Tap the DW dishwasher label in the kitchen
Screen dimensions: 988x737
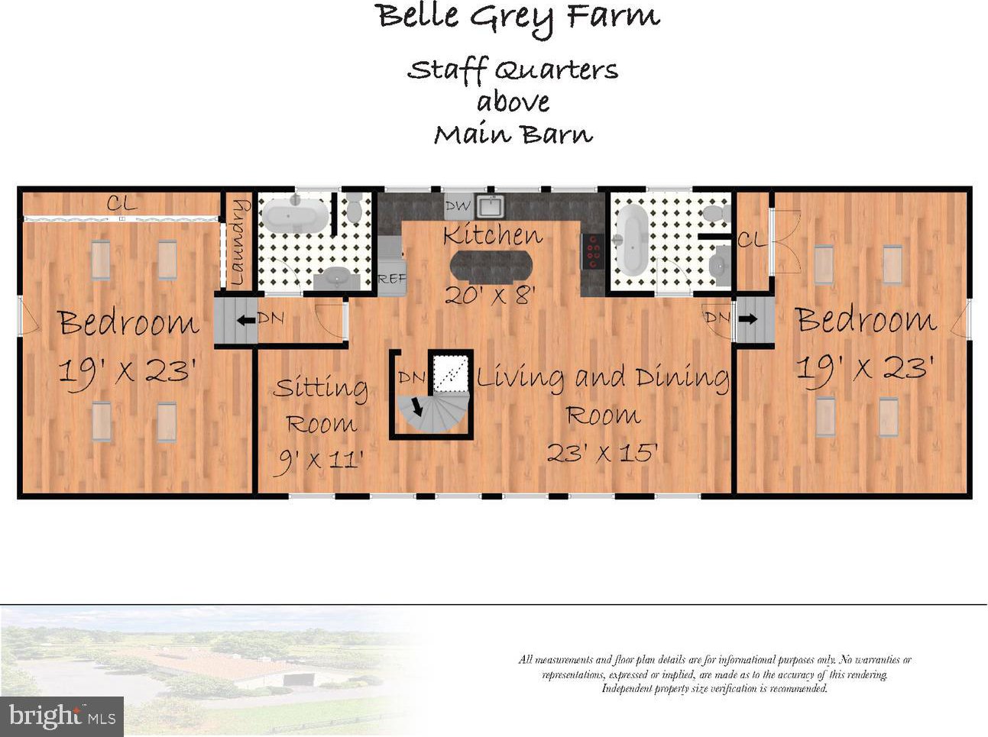[458, 206]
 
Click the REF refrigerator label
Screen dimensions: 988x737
[392, 279]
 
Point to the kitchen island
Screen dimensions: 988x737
[491, 267]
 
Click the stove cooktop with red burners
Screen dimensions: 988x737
[593, 252]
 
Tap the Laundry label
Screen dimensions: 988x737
[237, 243]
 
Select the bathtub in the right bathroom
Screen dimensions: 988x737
[632, 240]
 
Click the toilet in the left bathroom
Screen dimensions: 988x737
[355, 208]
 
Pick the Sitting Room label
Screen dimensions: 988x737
[320, 405]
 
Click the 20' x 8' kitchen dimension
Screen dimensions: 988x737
[490, 295]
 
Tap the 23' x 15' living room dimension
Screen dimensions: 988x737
[602, 452]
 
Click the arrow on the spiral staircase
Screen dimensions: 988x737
[417, 407]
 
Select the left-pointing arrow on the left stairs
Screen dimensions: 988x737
[246, 321]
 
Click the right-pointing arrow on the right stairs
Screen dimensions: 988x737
[747, 318]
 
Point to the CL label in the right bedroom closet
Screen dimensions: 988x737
[752, 241]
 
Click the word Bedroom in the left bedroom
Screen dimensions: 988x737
[128, 322]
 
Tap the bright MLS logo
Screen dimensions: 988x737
[62, 716]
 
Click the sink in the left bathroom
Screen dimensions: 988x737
[337, 279]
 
